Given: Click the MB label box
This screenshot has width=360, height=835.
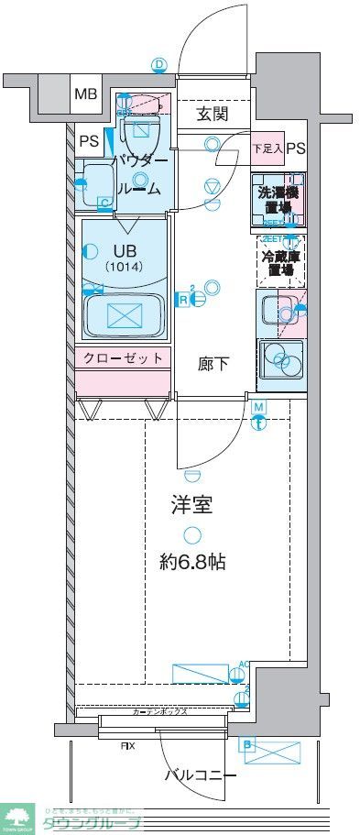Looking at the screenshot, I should [85, 94].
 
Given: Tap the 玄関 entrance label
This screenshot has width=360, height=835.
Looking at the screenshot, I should [212, 115].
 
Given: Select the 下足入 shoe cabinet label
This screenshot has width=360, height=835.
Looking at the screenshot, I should [267, 148].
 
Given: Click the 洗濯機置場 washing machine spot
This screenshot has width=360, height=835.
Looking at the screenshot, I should [278, 200].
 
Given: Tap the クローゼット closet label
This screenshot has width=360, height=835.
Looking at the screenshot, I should [123, 357].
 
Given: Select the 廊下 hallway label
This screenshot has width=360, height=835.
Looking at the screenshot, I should [213, 364].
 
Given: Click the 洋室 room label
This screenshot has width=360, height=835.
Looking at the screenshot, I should [191, 504].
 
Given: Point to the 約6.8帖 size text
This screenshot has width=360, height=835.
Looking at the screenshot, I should [191, 561].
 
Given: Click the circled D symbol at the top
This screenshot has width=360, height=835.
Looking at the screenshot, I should [159, 64].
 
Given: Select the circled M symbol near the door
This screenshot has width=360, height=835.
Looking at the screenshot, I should [258, 407].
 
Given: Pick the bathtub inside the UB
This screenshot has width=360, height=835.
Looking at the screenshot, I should [123, 314].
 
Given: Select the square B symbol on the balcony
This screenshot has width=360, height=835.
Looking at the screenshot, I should [247, 745].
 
